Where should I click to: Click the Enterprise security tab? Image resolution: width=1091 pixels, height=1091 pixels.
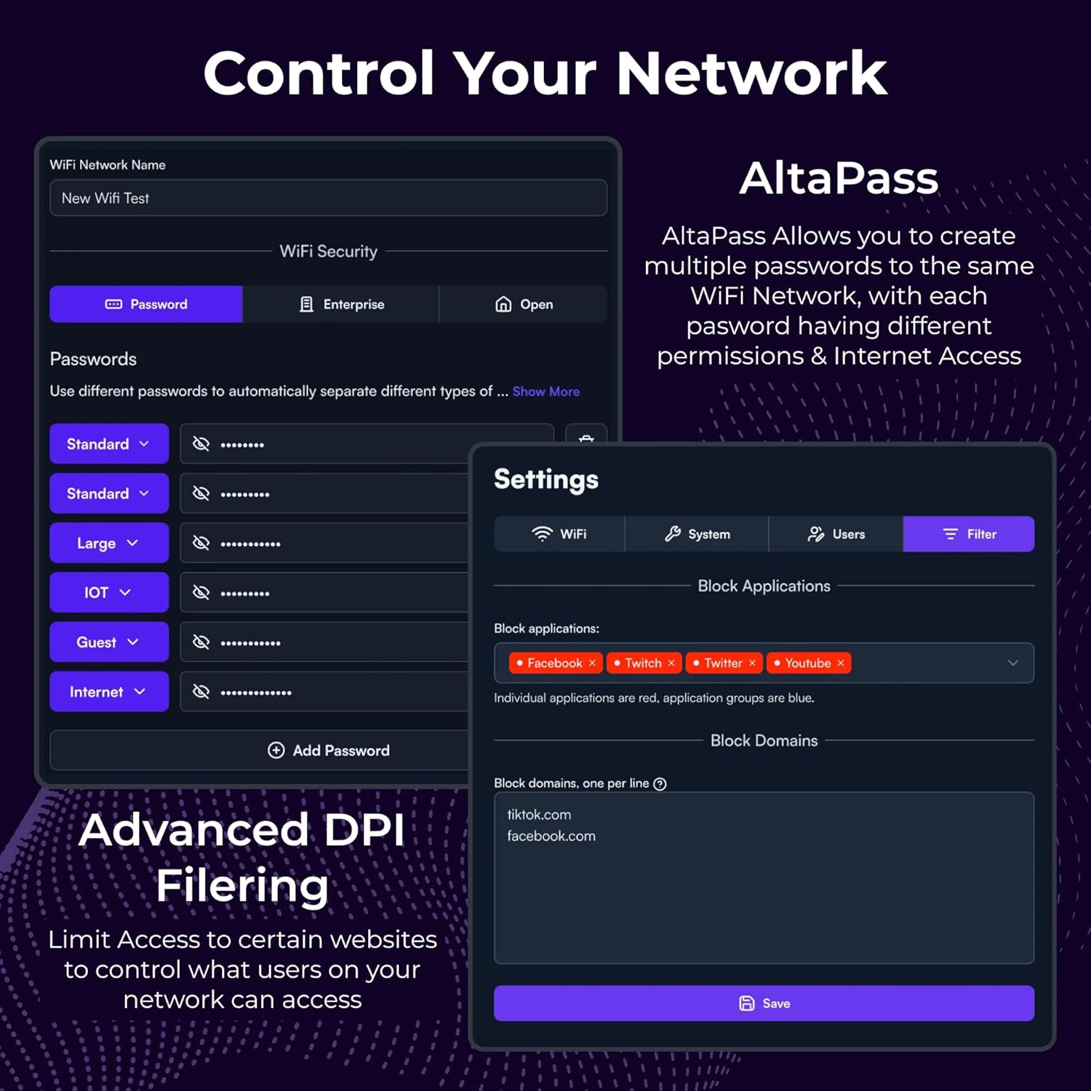coord(341,304)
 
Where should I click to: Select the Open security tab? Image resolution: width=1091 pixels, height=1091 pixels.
coord(523,304)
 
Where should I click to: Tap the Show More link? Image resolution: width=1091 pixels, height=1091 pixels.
coord(545,391)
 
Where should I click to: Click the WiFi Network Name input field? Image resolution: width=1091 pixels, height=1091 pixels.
coord(328,198)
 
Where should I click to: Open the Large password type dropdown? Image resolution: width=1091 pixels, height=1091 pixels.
coord(109,543)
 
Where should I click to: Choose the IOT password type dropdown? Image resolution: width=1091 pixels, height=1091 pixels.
coord(109,593)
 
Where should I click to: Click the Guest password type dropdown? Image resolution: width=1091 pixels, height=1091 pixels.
coord(109,642)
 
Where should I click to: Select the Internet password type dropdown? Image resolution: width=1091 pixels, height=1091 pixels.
coord(109,692)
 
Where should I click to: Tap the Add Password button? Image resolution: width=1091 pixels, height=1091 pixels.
coord(329,751)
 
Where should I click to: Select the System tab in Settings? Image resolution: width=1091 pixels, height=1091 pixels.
coord(697,534)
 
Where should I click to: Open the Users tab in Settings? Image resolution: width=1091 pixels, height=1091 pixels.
coord(836,534)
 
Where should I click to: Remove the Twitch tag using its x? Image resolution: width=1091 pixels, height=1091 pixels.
coord(671,663)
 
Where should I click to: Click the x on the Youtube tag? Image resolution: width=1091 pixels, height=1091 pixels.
coord(841,663)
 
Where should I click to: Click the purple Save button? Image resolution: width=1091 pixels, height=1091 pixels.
coord(764,1003)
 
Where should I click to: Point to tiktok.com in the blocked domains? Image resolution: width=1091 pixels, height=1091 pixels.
coord(539,815)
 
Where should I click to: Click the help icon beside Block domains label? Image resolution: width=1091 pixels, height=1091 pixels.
coord(660,784)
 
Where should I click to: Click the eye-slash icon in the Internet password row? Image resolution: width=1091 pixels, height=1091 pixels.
coord(201,692)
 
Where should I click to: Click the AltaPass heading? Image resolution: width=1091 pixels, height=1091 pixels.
coord(839,178)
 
